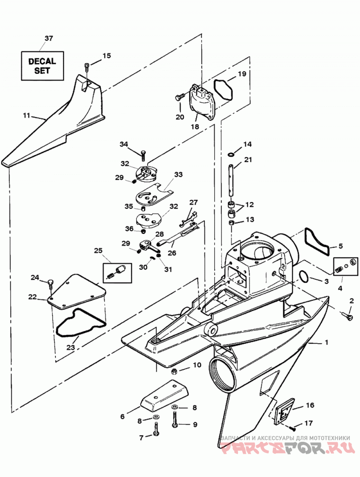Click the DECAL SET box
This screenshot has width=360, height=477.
click(42, 66)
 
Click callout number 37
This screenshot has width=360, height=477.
click(49, 38)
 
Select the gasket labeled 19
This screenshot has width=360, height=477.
click(223, 90)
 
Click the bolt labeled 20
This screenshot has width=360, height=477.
click(180, 97)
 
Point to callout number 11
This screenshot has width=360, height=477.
click(27, 115)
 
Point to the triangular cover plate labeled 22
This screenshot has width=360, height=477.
click(76, 291)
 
